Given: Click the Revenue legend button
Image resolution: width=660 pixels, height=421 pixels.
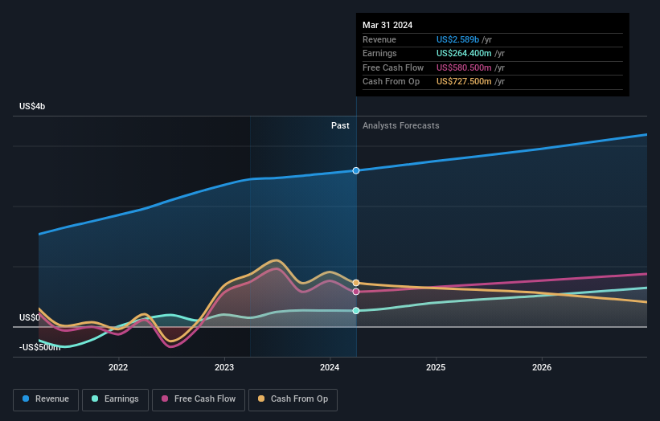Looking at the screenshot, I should pos(46,399).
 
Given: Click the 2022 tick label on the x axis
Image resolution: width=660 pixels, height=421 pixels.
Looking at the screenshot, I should pos(118,368).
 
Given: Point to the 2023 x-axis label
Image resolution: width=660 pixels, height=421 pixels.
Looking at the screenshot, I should pos(224,368).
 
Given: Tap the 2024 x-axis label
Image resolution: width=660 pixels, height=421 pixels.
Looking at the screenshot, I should pos(330,368).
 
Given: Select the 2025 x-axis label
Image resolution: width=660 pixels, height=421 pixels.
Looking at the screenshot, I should pos(436,368).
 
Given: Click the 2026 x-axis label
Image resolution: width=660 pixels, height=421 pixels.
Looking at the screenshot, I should pos(542,368).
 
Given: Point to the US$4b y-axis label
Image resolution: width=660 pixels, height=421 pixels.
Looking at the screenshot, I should pos(33,106).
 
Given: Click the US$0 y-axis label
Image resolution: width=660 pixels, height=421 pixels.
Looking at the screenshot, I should pos(30,317).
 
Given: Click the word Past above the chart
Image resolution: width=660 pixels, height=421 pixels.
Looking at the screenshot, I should pos(340,125).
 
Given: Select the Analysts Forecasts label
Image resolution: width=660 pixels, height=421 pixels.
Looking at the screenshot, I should pos(401,125).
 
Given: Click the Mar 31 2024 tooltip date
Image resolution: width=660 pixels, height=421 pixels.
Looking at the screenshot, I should pos(387,25).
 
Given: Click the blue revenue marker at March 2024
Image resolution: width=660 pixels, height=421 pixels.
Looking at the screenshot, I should pos(356,170).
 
